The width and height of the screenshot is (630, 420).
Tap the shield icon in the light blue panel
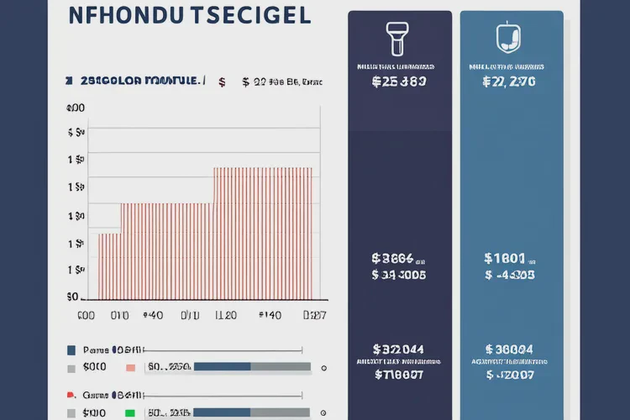click(x=505, y=37)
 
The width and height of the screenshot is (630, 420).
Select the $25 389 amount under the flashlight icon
click(x=398, y=82)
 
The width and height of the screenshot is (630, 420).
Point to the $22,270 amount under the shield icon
click(x=509, y=82)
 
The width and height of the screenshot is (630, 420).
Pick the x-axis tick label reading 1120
click(x=225, y=316)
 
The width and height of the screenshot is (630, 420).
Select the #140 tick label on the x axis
click(x=269, y=316)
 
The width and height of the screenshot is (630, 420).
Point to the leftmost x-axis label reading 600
click(x=86, y=316)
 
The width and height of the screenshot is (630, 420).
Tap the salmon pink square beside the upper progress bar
click(x=129, y=367)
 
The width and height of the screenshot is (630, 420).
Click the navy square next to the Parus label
click(x=71, y=349)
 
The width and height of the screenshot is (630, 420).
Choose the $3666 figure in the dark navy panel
click(x=395, y=259)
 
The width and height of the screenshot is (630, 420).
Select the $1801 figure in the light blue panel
click(x=505, y=259)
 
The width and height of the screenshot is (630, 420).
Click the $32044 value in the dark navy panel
click(x=398, y=349)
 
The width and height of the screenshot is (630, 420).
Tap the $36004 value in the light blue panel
click(x=509, y=349)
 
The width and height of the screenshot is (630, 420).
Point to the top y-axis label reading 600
click(x=75, y=108)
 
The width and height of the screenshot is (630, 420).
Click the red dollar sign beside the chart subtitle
click(x=222, y=81)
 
